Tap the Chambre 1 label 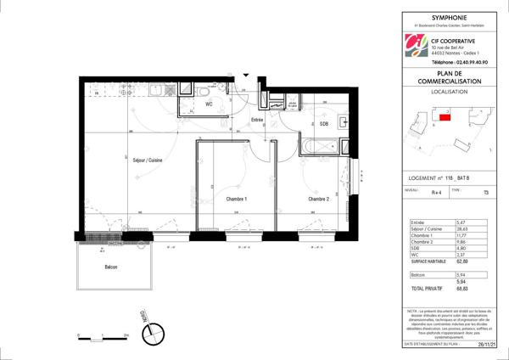point(235,199)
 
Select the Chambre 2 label point(318,199)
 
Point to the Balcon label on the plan point(112,267)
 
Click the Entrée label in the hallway point(256,121)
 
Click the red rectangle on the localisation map point(444,117)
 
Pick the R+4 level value point(436,193)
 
